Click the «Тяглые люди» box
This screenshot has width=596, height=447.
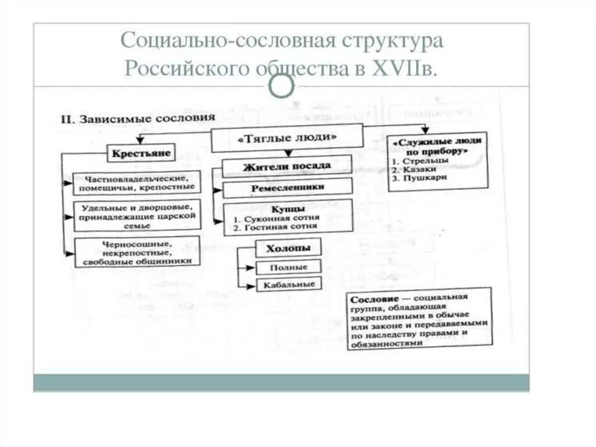pos(288,138)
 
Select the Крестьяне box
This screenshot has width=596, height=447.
pos(139,153)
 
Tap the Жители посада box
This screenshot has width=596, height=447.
pos(288,166)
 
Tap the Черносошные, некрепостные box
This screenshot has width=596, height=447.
pos(137,252)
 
